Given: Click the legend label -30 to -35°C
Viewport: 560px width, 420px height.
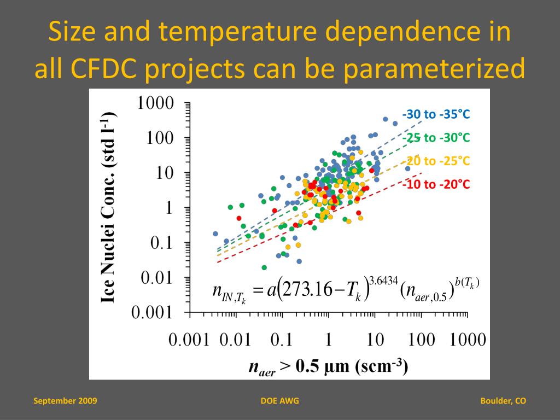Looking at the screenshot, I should pos(436,114).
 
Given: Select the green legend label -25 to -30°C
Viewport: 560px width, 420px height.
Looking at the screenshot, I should pos(436,137).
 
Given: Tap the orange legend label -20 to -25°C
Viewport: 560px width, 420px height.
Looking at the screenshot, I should pos(437,161).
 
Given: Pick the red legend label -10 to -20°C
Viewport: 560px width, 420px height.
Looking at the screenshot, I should pos(436,184).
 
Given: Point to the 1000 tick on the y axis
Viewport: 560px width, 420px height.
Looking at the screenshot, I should pos(155,103).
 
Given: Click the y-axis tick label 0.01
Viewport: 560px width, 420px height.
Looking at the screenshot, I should pos(157,278).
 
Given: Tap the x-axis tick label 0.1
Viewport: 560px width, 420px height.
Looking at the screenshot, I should pos(282,340).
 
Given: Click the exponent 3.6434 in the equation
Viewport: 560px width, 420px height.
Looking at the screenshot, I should pos(383,282).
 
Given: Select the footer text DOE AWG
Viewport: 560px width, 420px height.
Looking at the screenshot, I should pos(280,401).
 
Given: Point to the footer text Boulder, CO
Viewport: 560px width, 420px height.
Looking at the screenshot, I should pos(503,401).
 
